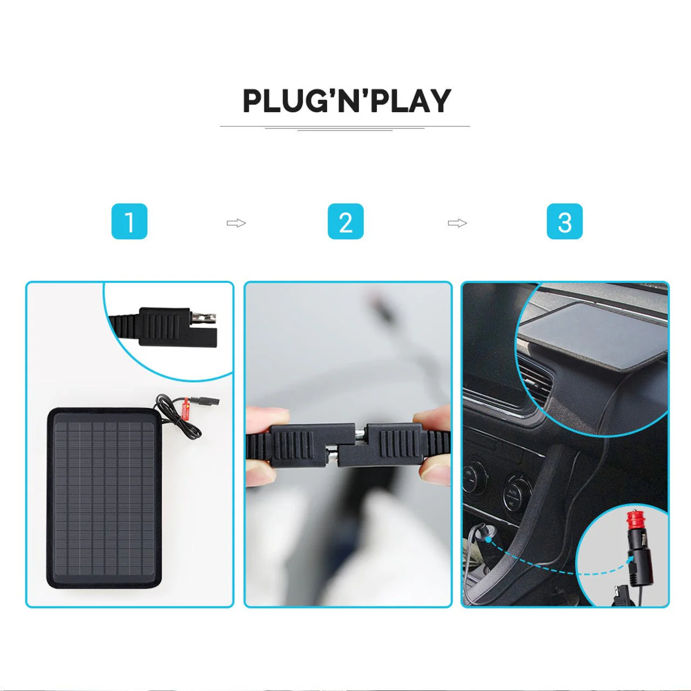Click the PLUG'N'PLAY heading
(x=347, y=101)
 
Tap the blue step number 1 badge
(x=130, y=221)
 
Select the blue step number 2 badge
(x=345, y=221)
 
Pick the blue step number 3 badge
(x=565, y=221)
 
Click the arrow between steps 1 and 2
(x=236, y=223)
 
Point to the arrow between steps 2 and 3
(x=458, y=223)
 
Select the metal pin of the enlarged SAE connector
(x=204, y=317)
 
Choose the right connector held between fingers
(x=395, y=444)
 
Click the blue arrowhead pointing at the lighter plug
(x=629, y=558)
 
